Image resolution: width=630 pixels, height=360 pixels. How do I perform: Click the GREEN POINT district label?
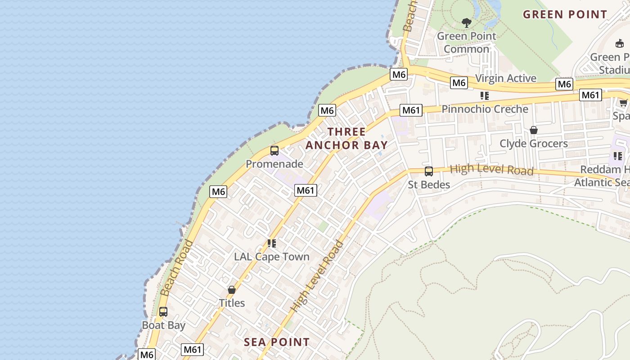565,14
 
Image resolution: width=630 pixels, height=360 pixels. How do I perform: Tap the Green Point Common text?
466,42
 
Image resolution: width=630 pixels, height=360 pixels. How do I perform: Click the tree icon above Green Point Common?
467,22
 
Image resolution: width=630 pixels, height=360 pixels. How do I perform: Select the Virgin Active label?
506,78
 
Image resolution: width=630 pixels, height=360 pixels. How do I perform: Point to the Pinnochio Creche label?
485,109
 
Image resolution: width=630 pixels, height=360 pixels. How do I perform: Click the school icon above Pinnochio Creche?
485,95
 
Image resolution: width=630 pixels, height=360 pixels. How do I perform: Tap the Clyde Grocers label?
534,144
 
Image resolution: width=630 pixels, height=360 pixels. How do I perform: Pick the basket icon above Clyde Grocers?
534,130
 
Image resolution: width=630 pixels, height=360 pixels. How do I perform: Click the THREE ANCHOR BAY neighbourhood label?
346,139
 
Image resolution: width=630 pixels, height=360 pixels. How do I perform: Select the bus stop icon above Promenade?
274,151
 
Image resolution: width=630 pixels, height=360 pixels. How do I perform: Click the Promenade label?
274,164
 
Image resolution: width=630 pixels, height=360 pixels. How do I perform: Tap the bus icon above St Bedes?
429,171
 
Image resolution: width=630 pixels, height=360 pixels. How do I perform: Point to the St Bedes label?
429,185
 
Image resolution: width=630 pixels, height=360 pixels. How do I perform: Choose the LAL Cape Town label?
272,257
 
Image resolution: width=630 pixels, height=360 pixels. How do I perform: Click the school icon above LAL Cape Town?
272,243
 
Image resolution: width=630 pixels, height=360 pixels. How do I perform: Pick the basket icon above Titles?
232,290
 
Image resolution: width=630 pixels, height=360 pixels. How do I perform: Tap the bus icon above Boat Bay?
163,311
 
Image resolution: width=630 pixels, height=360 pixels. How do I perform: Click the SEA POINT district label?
277,342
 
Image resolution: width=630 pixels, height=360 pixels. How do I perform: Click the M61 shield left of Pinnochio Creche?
411,110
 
